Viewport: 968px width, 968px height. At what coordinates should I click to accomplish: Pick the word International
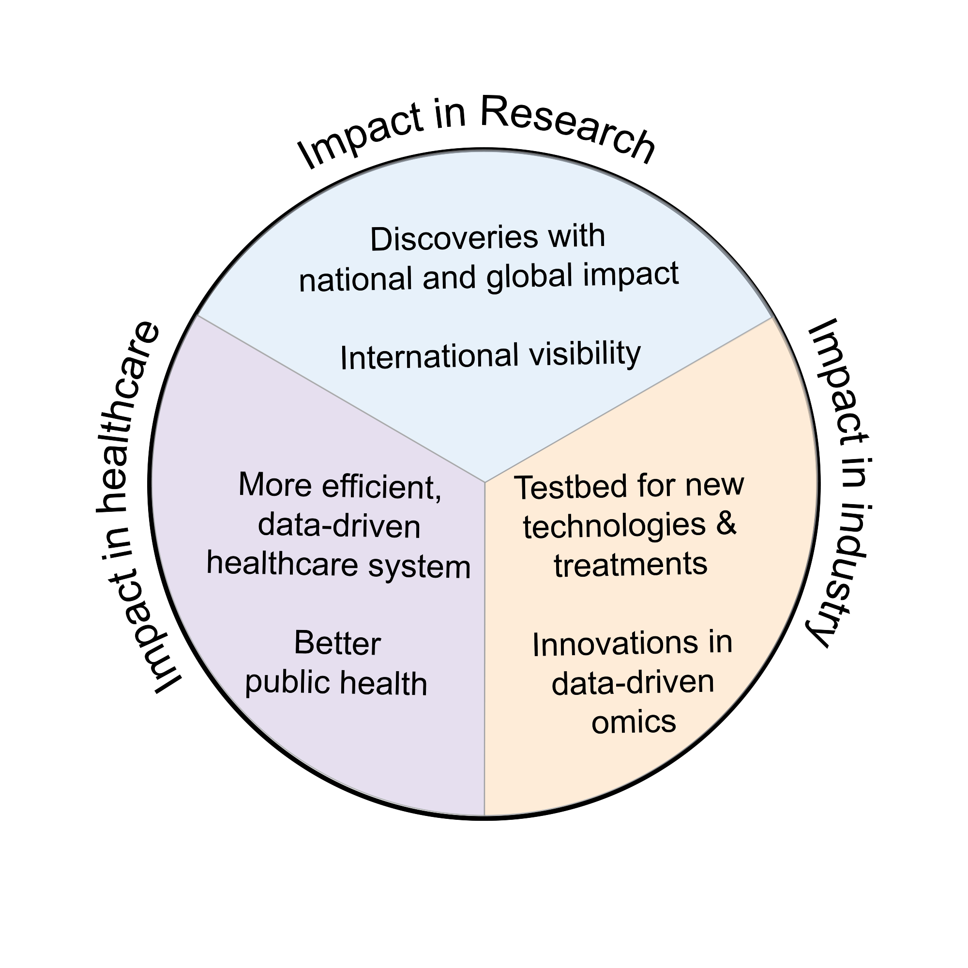(x=429, y=357)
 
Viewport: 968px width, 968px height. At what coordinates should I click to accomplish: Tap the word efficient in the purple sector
(x=382, y=487)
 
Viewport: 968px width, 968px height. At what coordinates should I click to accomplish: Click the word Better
(x=337, y=643)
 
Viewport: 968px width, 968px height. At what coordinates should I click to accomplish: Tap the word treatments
(x=630, y=565)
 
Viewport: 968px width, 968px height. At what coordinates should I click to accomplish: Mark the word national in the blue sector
(x=356, y=280)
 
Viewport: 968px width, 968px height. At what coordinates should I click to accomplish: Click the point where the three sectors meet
(x=484, y=482)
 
